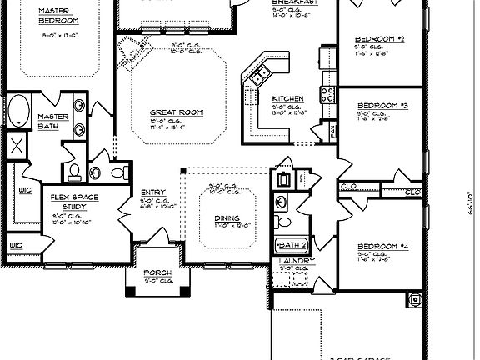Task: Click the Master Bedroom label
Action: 35,15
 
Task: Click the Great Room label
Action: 176,112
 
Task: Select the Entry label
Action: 153,192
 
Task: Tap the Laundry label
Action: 296,261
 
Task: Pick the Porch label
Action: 157,272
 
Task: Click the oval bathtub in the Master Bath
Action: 19,111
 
